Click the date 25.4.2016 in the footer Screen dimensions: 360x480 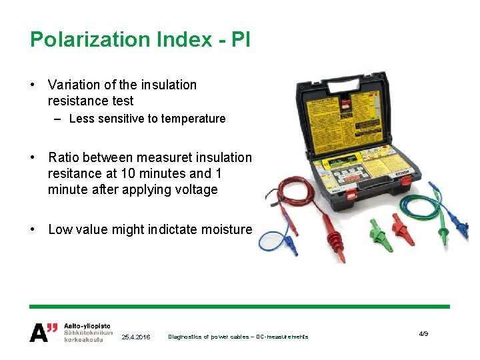pos(137,337)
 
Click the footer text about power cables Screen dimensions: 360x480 pos(238,337)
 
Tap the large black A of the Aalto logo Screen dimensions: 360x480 pos(39,332)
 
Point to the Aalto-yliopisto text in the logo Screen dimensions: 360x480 pos(87,325)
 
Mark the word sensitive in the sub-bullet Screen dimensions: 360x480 pos(124,119)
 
